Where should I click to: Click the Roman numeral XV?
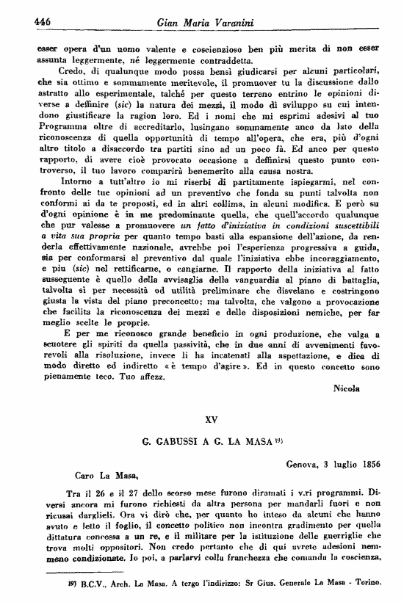point(211,421)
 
